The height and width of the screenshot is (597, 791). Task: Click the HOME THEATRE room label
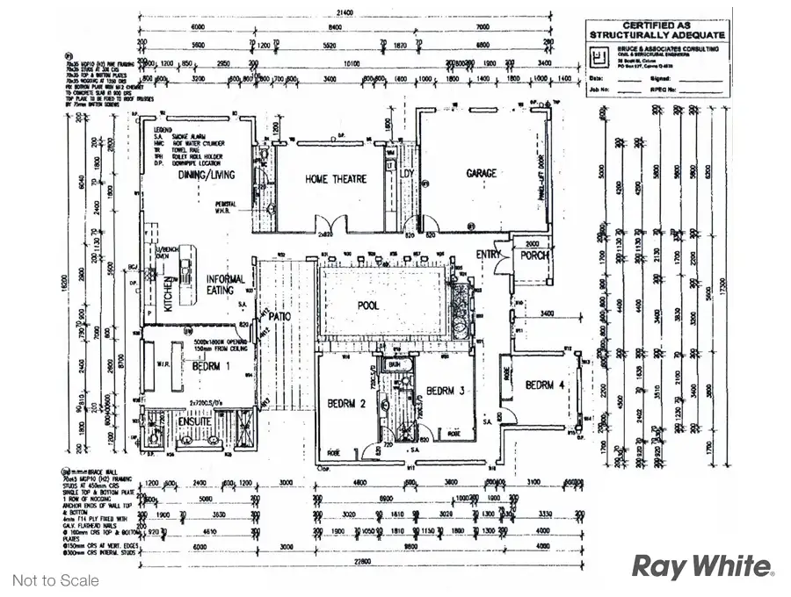[336, 180]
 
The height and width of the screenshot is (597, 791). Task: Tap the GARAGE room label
[482, 173]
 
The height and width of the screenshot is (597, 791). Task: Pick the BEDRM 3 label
[445, 391]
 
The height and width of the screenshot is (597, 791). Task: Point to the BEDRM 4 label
[545, 385]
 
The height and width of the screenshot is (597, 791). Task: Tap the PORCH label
[534, 255]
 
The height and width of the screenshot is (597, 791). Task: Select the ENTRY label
[489, 255]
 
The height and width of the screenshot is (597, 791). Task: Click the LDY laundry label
[406, 174]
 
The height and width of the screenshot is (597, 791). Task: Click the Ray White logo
[702, 567]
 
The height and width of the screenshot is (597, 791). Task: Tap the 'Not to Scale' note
[55, 580]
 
